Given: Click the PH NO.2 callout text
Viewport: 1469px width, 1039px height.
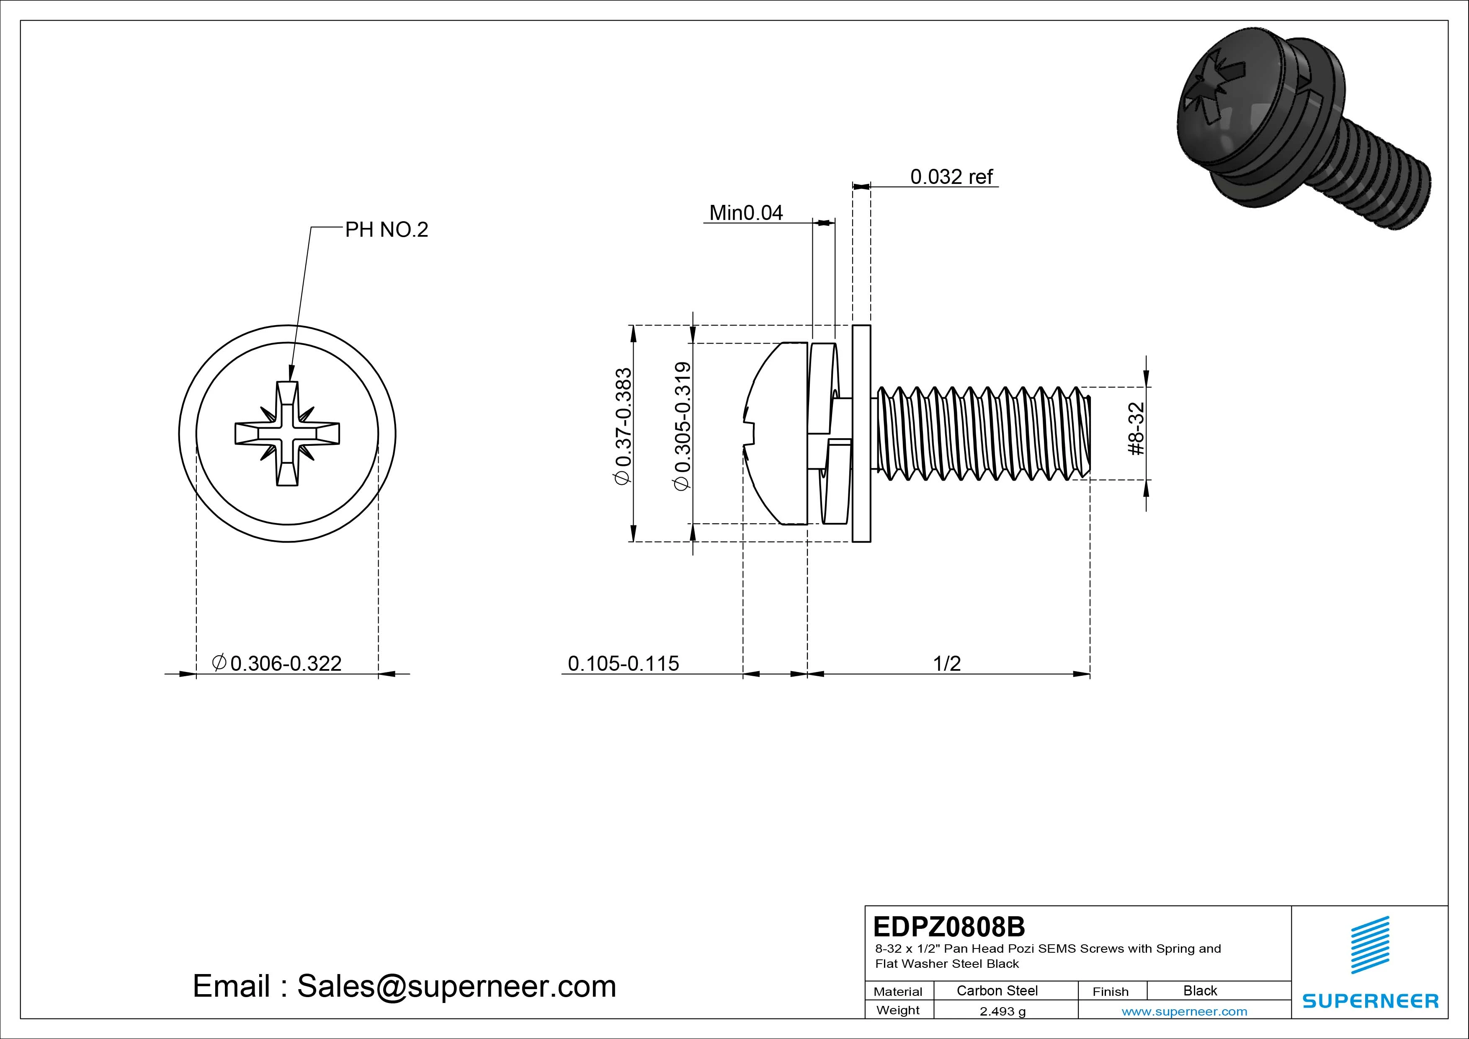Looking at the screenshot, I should coord(387,230).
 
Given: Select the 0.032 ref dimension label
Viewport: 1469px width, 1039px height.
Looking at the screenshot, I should coord(951,177).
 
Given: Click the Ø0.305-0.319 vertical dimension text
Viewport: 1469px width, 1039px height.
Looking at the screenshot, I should coord(683,426).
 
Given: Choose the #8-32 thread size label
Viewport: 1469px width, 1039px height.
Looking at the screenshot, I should coord(1137,429).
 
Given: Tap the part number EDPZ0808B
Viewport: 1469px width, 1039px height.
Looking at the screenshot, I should coord(949,926).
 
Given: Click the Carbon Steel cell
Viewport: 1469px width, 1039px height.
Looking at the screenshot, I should coord(997,990).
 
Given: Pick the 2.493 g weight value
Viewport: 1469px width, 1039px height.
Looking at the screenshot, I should coord(1003,1011).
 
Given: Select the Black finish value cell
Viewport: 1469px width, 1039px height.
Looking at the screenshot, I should coord(1200,990).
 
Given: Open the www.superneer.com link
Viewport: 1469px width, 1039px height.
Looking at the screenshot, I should coord(1184,1011).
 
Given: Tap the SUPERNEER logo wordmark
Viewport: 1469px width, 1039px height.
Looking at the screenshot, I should coord(1371,1000).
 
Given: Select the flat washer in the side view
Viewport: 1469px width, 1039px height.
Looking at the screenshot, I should coord(861,433).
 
